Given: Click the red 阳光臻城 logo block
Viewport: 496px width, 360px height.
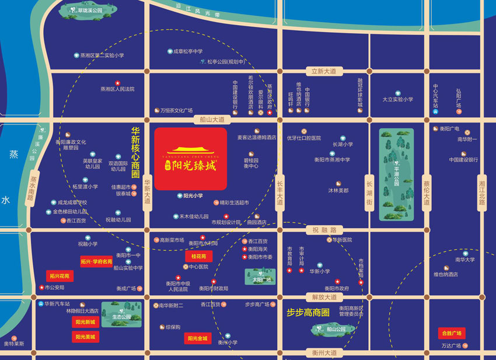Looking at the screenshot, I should tap(190, 159).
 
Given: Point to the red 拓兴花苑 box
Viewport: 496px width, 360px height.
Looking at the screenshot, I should tap(60, 275).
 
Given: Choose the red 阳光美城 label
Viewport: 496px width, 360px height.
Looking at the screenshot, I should tap(86, 336).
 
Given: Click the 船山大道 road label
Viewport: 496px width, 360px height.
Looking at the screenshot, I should tap(212, 118).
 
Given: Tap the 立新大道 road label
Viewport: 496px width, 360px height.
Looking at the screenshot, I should tap(324, 72).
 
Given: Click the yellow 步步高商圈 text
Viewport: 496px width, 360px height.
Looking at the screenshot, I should tap(308, 313).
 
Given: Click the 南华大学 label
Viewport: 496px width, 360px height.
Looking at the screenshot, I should tap(464, 260).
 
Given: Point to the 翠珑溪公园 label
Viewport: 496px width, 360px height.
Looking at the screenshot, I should tap(88, 10).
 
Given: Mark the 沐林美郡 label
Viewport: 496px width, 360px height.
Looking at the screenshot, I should tap(338, 190).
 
